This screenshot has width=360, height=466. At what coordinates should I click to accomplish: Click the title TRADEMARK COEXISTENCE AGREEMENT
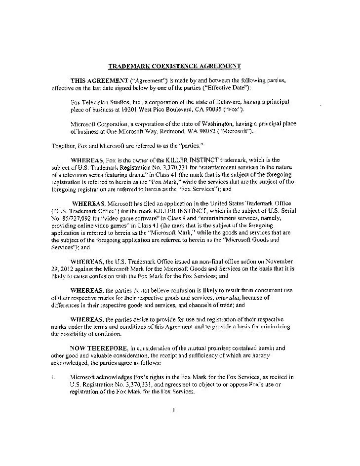174,65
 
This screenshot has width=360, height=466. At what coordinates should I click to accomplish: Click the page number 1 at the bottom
175,410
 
